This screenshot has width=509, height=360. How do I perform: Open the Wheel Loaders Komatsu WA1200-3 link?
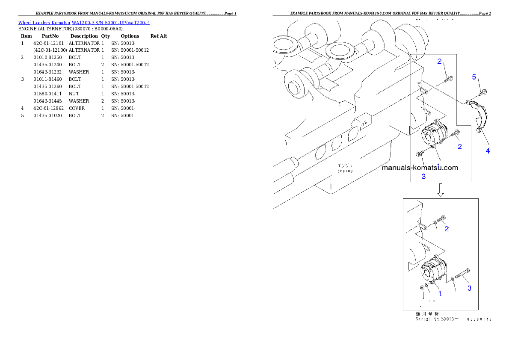pos(84,22)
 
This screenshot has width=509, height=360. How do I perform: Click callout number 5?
pos(474,77)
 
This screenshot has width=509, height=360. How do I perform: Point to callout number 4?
pos(488,151)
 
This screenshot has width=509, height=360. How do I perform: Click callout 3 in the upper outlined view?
pos(424,176)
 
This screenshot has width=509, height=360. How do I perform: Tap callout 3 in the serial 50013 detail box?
pos(469,288)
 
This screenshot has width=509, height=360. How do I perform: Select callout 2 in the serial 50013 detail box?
pos(447,229)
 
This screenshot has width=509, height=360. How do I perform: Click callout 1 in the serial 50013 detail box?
pos(440,294)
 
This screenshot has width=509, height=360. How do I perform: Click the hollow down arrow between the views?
pos(441,190)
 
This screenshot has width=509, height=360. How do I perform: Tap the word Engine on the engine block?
pos(344,171)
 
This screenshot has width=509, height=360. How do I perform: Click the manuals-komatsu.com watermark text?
pos(420,168)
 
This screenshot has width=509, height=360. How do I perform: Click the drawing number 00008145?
pos(479,319)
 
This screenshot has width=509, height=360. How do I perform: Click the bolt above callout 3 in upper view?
pos(419,154)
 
